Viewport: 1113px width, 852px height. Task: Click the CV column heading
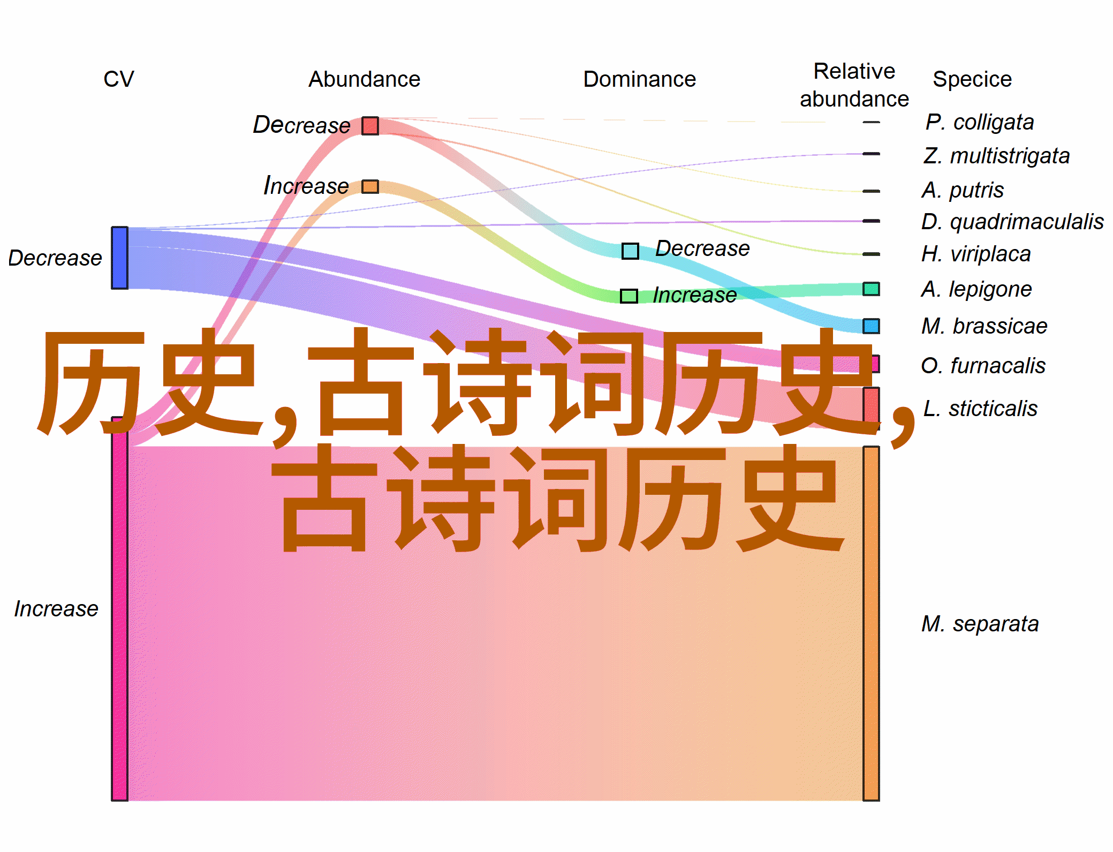click(x=118, y=79)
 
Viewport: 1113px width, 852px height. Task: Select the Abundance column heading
click(x=364, y=79)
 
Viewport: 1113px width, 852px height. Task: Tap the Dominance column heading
click(x=639, y=79)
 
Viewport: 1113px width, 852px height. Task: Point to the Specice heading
click(x=972, y=79)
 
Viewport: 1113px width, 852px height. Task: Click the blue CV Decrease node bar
click(x=119, y=258)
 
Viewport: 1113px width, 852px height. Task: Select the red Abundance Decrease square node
click(x=370, y=126)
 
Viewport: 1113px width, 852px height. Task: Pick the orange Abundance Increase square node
click(x=370, y=186)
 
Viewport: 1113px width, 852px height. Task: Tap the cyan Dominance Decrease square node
click(x=630, y=251)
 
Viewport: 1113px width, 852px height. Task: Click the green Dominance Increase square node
click(x=629, y=296)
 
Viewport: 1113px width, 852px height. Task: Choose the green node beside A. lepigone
click(x=871, y=289)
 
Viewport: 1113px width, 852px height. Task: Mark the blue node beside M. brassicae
click(x=871, y=326)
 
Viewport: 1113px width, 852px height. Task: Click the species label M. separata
click(x=980, y=624)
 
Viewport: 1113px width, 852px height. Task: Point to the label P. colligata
click(x=980, y=122)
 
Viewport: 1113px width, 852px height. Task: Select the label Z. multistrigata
click(x=996, y=156)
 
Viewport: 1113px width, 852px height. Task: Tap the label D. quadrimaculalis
click(x=1012, y=221)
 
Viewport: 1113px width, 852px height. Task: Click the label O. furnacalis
click(x=983, y=366)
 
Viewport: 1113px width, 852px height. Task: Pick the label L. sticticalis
click(x=980, y=409)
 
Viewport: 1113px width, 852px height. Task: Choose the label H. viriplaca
click(x=976, y=254)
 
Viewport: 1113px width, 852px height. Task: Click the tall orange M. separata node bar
click(x=871, y=623)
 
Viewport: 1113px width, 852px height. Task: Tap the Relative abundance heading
click(x=854, y=85)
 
